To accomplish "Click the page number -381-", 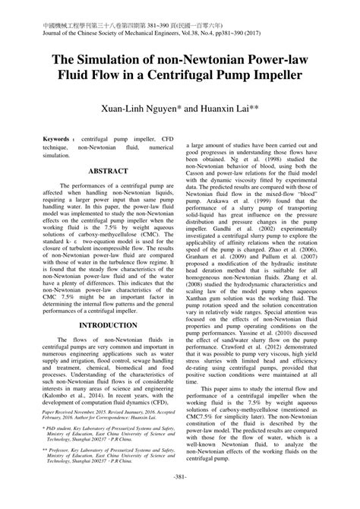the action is (181, 498).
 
